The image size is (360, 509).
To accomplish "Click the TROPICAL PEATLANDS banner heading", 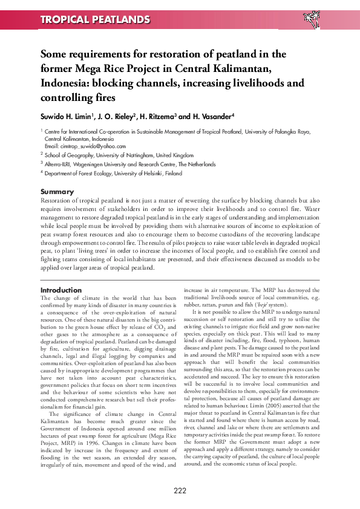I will point(95,20).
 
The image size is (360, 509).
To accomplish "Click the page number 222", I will point(180,490).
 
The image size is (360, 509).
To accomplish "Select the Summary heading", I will point(56,192).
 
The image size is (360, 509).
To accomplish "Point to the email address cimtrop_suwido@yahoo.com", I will point(85,146).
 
